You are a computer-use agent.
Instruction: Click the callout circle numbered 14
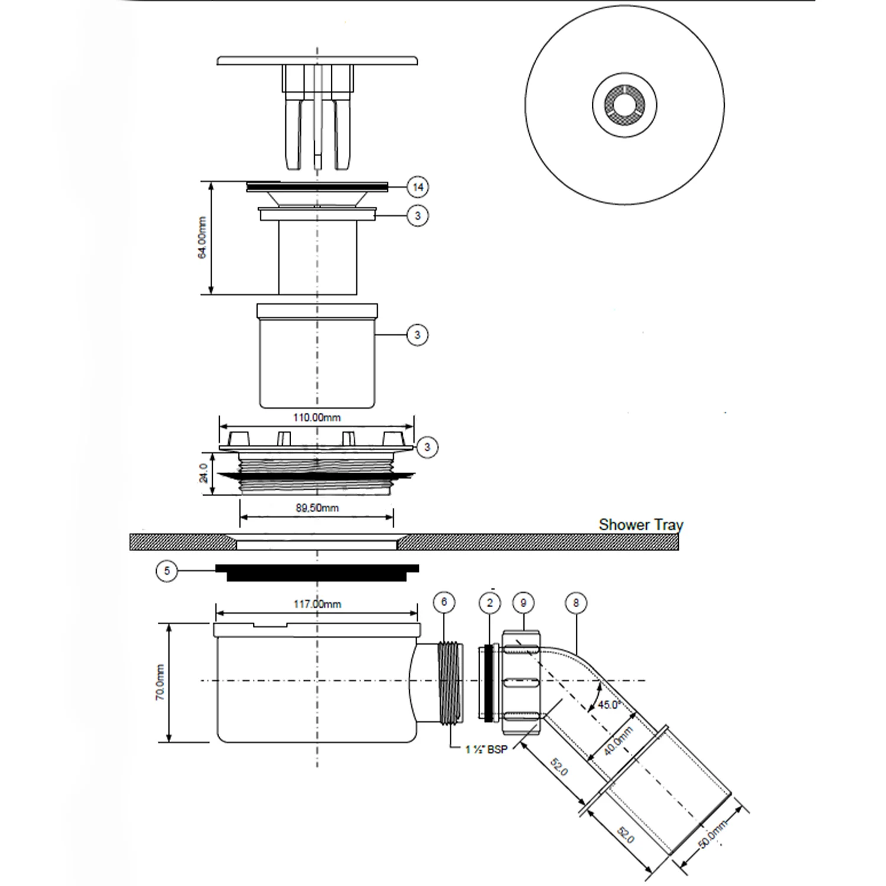point(418,187)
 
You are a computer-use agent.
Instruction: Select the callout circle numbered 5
point(167,571)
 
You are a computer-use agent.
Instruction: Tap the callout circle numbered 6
point(444,602)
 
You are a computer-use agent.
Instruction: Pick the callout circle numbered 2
point(490,602)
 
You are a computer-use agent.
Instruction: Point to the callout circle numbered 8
point(576,602)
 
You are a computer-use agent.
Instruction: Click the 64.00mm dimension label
point(203,238)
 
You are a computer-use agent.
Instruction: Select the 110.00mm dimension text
point(317,417)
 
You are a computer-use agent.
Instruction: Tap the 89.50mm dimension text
point(317,508)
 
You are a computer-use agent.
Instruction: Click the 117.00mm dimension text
point(317,604)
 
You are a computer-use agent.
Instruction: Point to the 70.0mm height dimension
point(160,682)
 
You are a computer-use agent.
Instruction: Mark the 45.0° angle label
point(608,705)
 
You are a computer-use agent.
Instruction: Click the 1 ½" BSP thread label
point(486,750)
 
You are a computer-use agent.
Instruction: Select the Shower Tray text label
point(640,525)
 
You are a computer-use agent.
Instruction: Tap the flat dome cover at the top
point(318,60)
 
